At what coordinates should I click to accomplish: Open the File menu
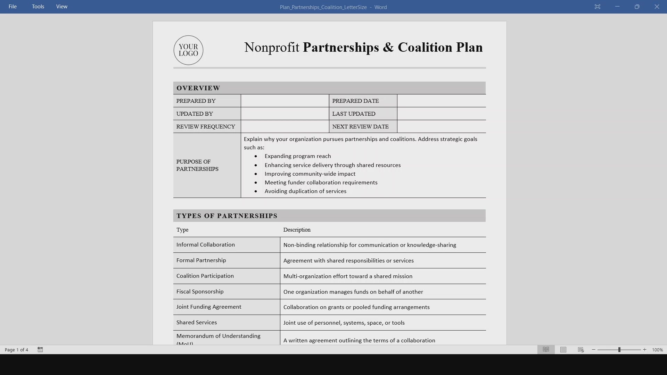tap(13, 7)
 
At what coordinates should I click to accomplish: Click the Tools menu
tap(38, 7)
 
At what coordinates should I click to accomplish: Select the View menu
tap(62, 7)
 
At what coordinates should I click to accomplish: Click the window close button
tap(657, 7)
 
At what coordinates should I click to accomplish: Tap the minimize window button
tap(617, 7)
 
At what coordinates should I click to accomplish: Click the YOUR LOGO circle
tap(188, 50)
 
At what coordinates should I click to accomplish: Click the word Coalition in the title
tap(425, 47)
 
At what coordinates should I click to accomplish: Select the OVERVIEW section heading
tap(198, 88)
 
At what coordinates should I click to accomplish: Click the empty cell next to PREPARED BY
tap(285, 101)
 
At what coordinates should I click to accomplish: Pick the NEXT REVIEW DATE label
tap(360, 127)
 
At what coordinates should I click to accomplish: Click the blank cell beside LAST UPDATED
tap(441, 114)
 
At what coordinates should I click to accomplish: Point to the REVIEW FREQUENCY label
tap(206, 127)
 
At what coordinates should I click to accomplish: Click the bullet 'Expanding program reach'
tap(298, 156)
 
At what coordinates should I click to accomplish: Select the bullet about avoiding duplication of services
tap(305, 191)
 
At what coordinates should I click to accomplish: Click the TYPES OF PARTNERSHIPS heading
tap(227, 216)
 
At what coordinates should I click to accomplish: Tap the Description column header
tap(297, 230)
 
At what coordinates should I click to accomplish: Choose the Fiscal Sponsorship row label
tap(200, 292)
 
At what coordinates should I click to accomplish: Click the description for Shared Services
tap(344, 323)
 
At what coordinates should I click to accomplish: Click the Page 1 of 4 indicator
tap(16, 350)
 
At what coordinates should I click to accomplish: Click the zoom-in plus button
tap(645, 350)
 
